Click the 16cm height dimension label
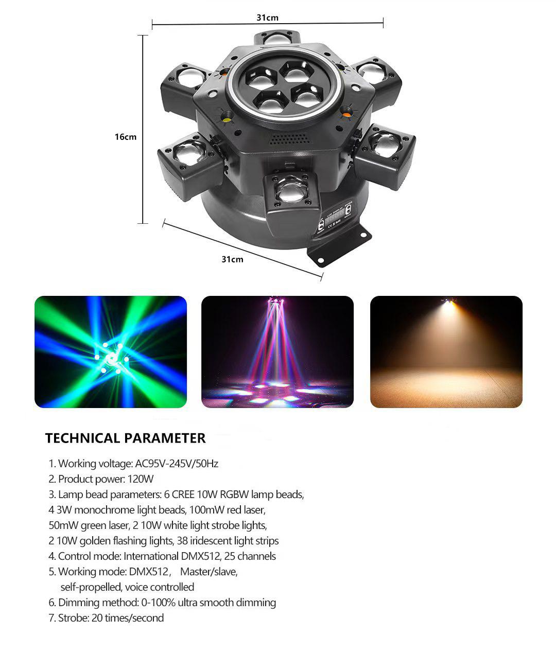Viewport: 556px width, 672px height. click(126, 137)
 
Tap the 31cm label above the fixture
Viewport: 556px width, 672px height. click(267, 17)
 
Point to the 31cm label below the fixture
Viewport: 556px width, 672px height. click(232, 259)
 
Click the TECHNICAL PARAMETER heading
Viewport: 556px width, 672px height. click(125, 438)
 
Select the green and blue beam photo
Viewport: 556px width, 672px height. click(111, 352)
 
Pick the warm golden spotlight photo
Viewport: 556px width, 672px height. click(446, 352)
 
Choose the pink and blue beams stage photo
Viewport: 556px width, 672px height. click(277, 352)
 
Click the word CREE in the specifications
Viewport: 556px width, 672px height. click(183, 494)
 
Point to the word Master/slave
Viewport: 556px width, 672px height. click(208, 572)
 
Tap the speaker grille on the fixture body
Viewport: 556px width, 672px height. click(290, 138)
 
